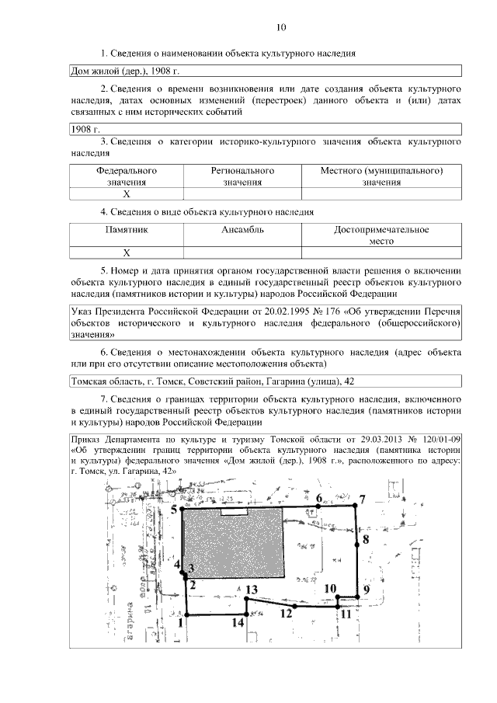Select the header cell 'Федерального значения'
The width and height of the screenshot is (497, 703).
tap(127, 176)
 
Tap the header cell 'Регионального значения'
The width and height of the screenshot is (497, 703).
tap(242, 176)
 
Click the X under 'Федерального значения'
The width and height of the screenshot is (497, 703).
tap(127, 194)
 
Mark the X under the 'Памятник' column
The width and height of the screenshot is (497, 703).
tap(127, 252)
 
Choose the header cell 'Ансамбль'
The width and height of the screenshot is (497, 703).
tap(242, 230)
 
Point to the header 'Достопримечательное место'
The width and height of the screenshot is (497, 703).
tap(381, 235)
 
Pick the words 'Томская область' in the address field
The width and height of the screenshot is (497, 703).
tap(101, 381)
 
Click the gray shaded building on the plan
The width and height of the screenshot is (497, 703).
tap(233, 544)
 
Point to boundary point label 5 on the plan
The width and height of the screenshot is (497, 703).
tap(175, 509)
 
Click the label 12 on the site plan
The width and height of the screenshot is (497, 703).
tap(286, 613)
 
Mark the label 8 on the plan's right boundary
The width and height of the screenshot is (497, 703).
tap(366, 538)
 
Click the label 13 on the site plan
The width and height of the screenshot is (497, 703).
tap(250, 590)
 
